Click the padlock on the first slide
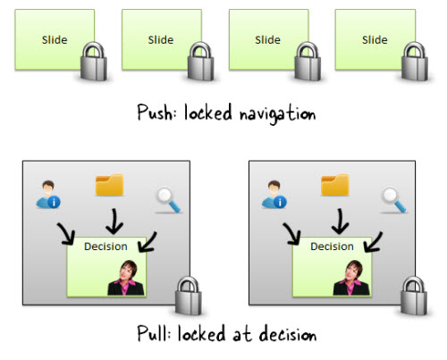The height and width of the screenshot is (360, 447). click(94, 62)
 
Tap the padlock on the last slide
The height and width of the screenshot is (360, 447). click(415, 62)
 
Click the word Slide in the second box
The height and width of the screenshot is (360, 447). click(161, 40)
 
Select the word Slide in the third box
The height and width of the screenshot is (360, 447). click(267, 40)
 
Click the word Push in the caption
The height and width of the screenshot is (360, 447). click(155, 113)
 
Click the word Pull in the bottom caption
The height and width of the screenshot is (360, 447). click(153, 333)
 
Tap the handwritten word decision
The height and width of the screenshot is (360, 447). click(288, 334)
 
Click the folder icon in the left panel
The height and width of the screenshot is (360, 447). click(109, 185)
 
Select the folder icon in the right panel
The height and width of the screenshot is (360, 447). click(335, 185)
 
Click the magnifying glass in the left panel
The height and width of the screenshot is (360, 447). click(167, 199)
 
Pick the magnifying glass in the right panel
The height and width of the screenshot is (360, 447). click(393, 199)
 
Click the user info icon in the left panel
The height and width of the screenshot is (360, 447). click(48, 194)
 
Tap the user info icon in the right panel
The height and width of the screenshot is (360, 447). click(274, 194)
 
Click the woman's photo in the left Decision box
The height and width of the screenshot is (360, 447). click(126, 278)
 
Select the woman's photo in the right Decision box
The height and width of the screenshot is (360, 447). click(351, 278)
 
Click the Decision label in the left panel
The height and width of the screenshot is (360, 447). click(105, 247)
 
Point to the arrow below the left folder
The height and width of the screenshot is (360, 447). click(114, 222)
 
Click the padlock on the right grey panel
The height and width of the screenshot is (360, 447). click(414, 296)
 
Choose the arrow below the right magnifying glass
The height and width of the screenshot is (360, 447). click(373, 242)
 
